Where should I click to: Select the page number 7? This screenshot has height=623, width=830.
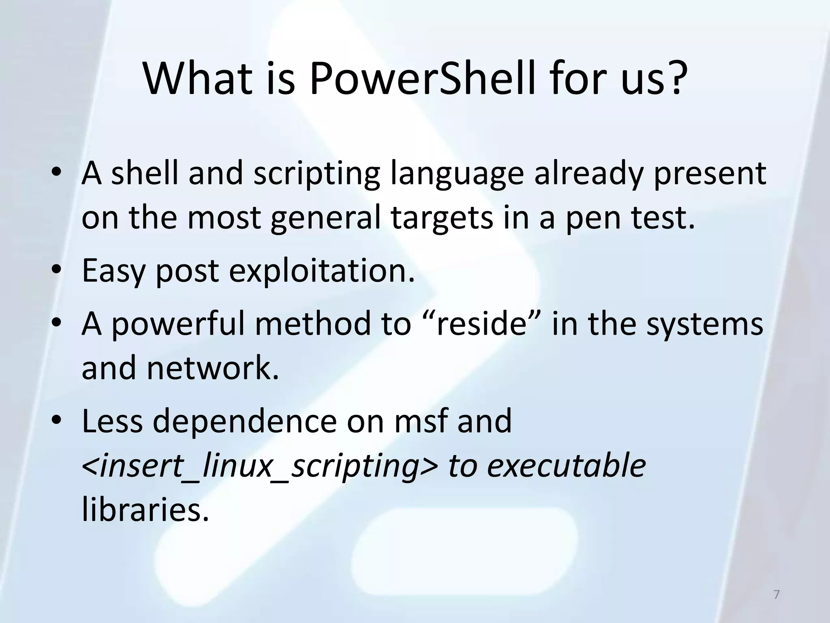point(776,595)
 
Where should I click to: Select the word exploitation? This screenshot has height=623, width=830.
point(322,271)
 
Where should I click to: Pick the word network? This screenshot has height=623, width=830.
point(212,368)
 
